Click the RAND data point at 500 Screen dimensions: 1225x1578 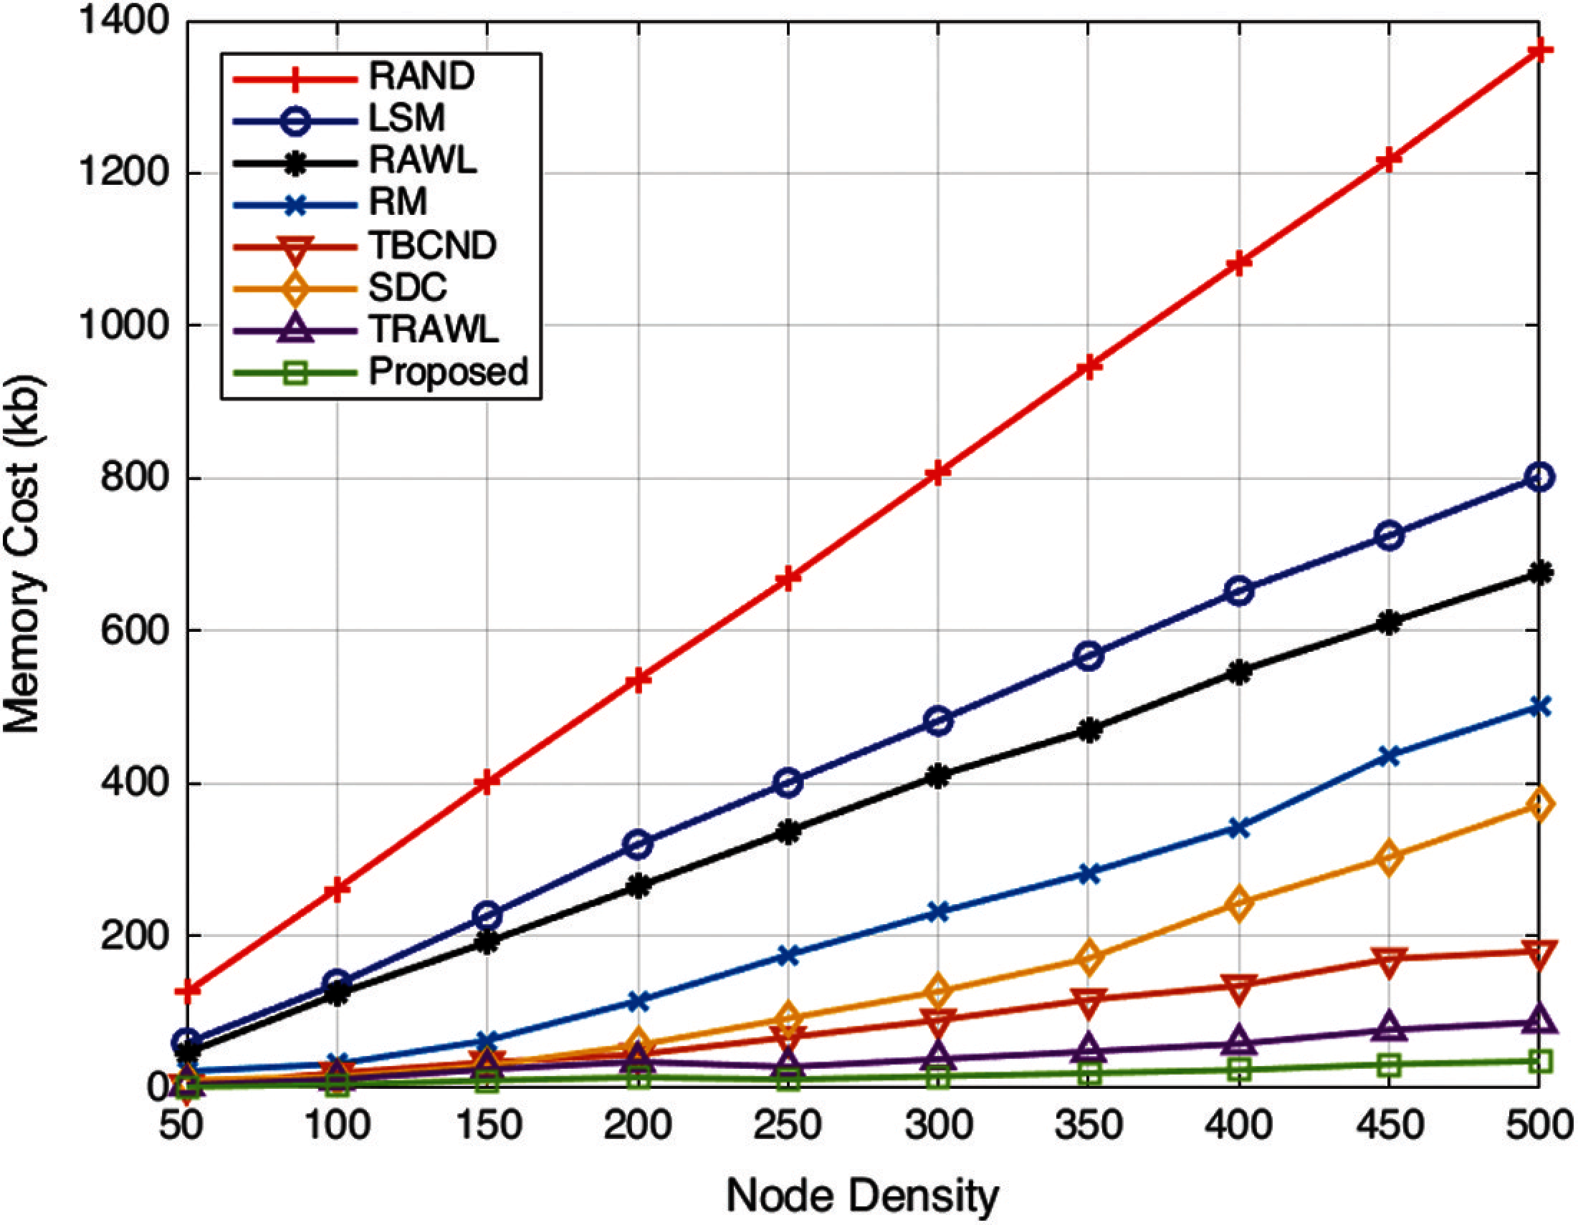click(1539, 50)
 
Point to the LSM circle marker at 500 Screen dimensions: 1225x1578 click(1539, 476)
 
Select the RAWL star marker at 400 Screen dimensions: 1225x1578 click(1239, 673)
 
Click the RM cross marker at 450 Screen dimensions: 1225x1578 click(1389, 756)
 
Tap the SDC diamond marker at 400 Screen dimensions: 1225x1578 click(1239, 903)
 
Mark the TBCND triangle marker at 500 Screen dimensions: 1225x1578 click(1539, 953)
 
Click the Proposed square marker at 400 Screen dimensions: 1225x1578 click(1239, 1068)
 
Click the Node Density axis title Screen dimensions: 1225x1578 click(863, 1196)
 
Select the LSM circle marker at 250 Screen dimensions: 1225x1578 click(788, 782)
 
